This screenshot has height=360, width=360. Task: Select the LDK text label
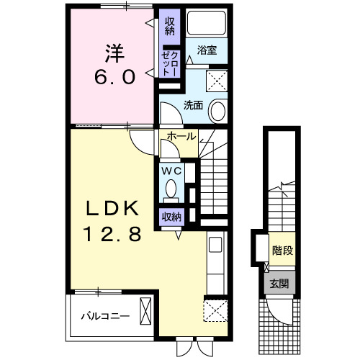coord(111,210)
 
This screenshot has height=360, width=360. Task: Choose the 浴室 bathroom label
coord(208,51)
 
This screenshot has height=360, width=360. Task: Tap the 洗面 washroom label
coord(193,105)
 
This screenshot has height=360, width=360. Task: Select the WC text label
coord(171,171)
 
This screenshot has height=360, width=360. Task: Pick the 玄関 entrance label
coord(280,284)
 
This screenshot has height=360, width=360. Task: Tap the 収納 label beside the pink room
coord(170,27)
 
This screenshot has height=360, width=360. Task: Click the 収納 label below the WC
coord(171,216)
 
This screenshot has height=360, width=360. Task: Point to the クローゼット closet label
coord(170,64)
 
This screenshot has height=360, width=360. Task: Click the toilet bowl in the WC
coord(171,189)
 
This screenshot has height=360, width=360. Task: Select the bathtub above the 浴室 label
coord(207,24)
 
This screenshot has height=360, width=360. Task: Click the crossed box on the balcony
coord(145,315)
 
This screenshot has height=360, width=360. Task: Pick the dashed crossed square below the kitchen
coord(215,311)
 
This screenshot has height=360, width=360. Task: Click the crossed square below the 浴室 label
coord(217,79)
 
